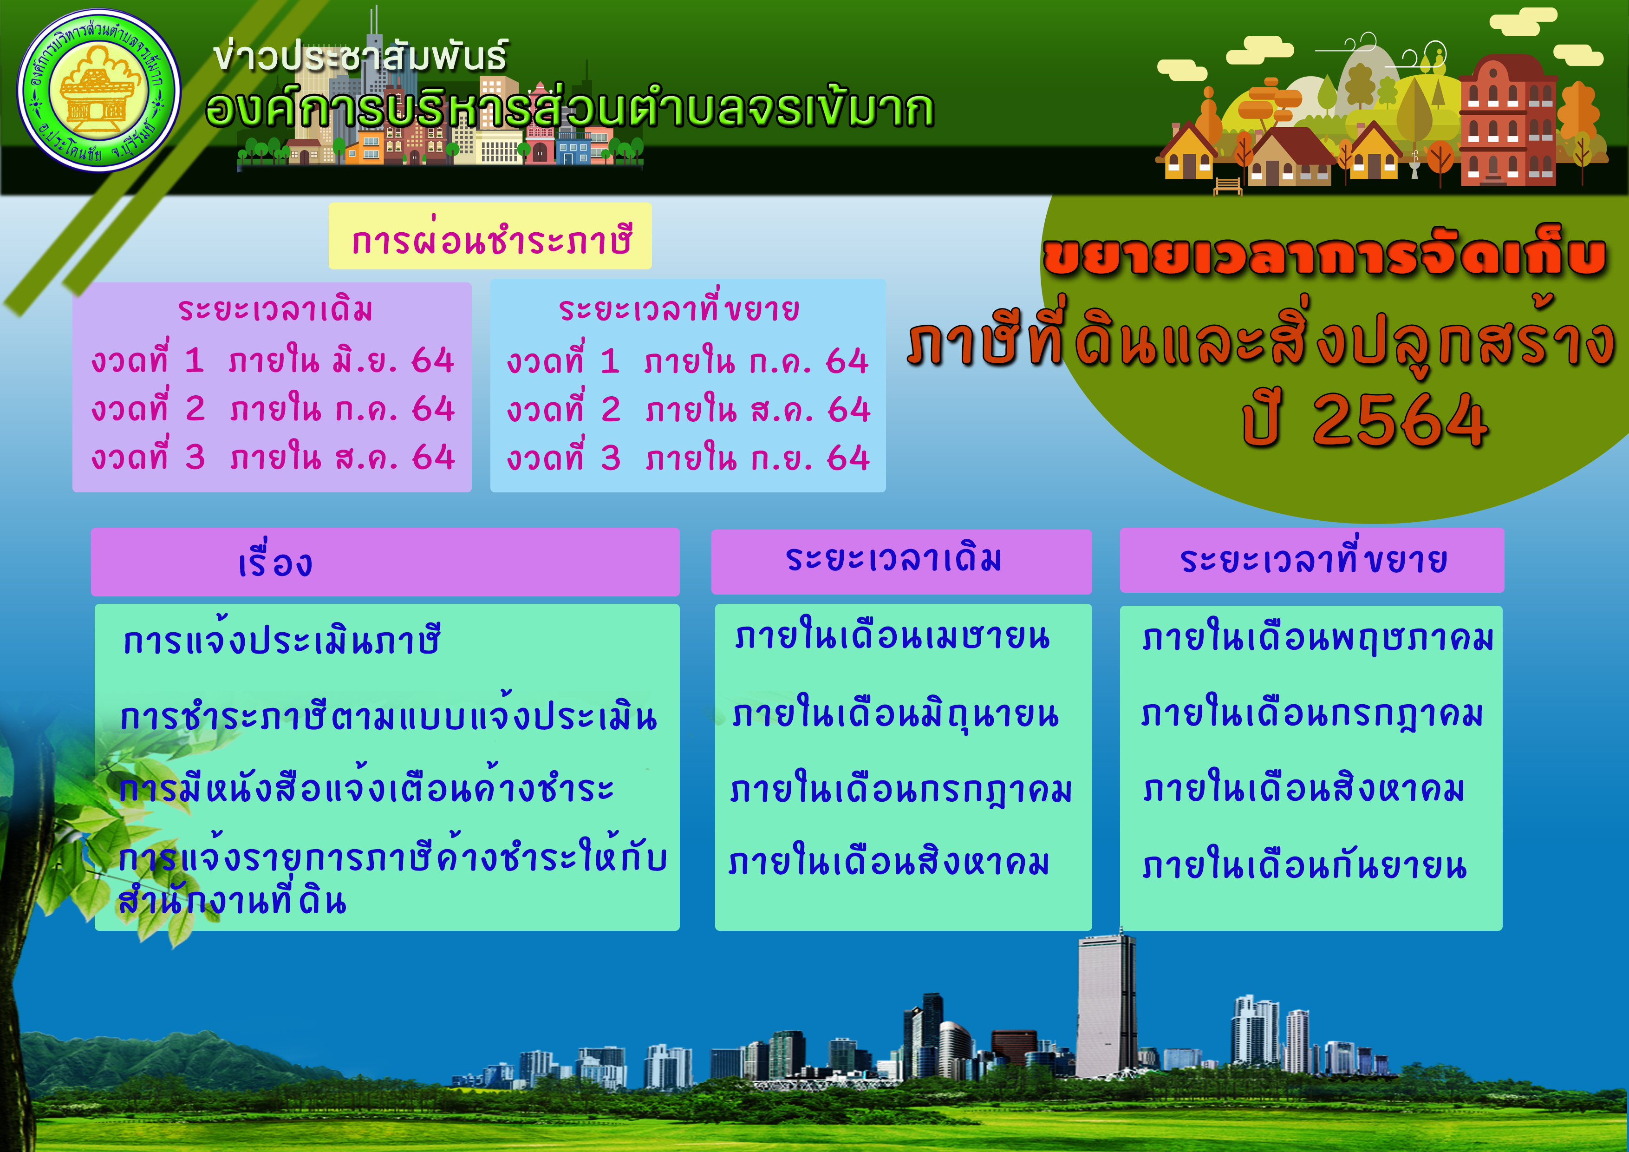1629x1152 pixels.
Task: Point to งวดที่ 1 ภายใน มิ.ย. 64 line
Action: point(273,360)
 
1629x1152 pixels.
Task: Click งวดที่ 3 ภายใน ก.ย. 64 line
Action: point(688,458)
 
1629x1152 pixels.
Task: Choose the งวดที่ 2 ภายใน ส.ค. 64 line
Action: point(688,410)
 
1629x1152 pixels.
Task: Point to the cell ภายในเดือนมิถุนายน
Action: point(895,715)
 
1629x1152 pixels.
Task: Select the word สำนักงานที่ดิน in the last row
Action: point(232,900)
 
